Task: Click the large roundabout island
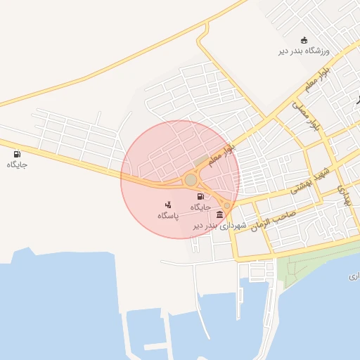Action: click(x=191, y=180)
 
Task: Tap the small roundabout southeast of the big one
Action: click(x=226, y=206)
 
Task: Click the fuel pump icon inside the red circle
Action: click(x=200, y=197)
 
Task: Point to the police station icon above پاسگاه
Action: click(x=167, y=205)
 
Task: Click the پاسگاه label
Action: click(x=167, y=215)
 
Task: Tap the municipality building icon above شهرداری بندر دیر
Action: click(x=220, y=214)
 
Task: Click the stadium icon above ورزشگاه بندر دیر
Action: click(x=304, y=39)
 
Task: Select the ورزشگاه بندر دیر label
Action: click(x=304, y=51)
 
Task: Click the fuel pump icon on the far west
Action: click(x=16, y=153)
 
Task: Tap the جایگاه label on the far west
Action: click(x=16, y=165)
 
